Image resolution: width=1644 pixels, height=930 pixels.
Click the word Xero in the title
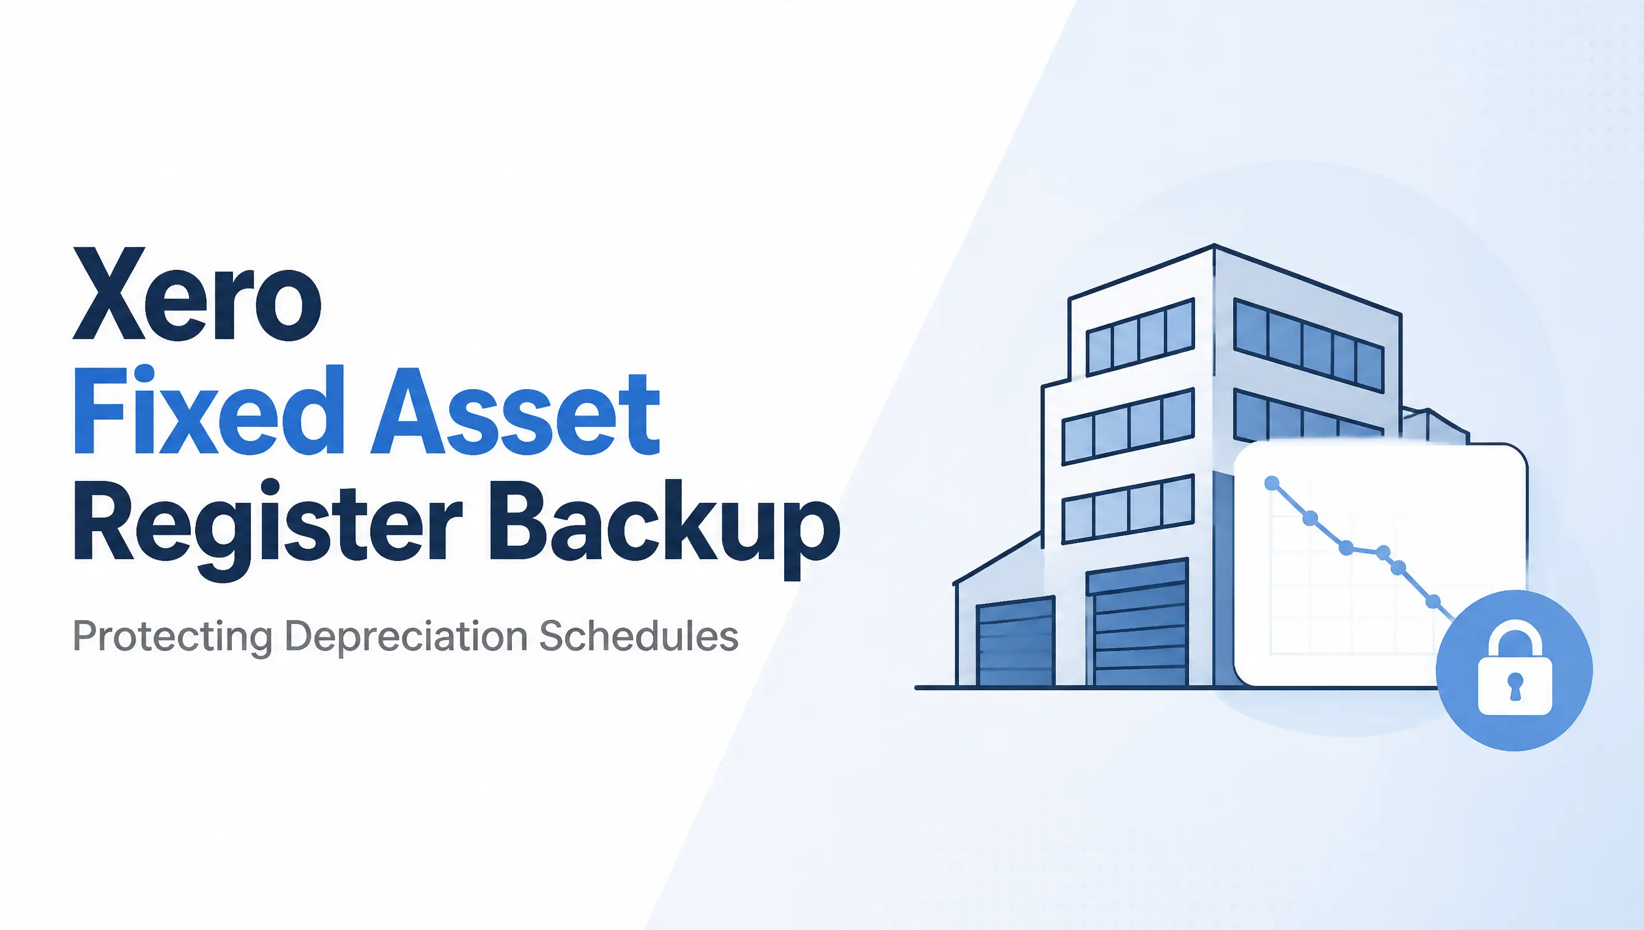198,294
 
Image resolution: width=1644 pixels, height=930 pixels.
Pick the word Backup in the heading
665,526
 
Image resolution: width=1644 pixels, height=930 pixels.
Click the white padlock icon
1514,671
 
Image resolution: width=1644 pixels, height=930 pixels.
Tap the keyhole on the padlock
1515,685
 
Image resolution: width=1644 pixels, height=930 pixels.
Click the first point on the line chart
1272,483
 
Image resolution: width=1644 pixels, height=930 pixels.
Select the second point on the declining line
1310,518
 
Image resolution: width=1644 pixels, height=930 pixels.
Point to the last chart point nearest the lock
1432,601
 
